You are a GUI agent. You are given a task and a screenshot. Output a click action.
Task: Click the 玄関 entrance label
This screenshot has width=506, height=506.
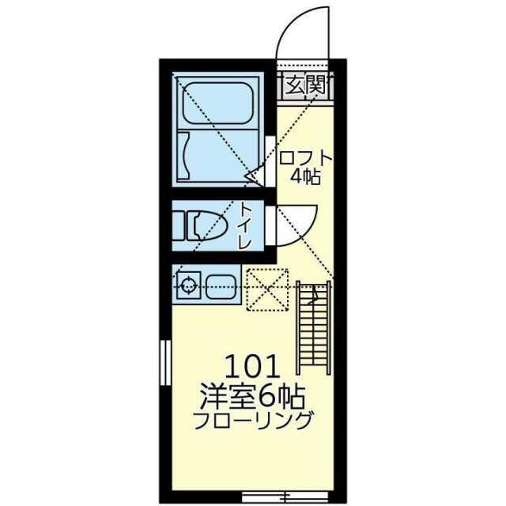pyautogui.click(x=306, y=85)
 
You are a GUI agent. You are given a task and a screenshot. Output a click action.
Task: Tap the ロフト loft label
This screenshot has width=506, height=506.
pyautogui.click(x=305, y=158)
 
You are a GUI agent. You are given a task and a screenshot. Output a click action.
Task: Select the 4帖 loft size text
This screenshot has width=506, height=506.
pyautogui.click(x=305, y=176)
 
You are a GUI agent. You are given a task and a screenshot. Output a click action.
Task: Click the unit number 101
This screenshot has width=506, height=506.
pyautogui.click(x=252, y=366)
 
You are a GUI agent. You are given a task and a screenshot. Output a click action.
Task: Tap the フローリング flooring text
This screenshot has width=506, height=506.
pyautogui.click(x=253, y=420)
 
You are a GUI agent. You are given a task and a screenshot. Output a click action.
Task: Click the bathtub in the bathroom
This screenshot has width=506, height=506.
pyautogui.click(x=217, y=103)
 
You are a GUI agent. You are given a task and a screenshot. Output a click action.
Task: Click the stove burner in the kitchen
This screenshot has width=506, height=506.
pyautogui.click(x=188, y=285)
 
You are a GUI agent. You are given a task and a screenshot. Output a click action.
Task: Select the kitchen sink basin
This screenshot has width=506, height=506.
pyautogui.click(x=221, y=287)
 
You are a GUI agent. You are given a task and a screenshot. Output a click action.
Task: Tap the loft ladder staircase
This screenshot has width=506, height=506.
pyautogui.click(x=314, y=327)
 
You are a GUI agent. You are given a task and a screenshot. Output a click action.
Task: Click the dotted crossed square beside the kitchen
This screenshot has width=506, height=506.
pyautogui.click(x=267, y=289)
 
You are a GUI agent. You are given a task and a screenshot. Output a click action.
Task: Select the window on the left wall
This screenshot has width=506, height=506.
pyautogui.click(x=165, y=362)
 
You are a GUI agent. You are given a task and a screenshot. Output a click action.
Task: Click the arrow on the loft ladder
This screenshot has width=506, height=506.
pyautogui.click(x=314, y=295)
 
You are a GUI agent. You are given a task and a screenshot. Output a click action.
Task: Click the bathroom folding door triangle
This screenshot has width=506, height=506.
pyautogui.click(x=255, y=176)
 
